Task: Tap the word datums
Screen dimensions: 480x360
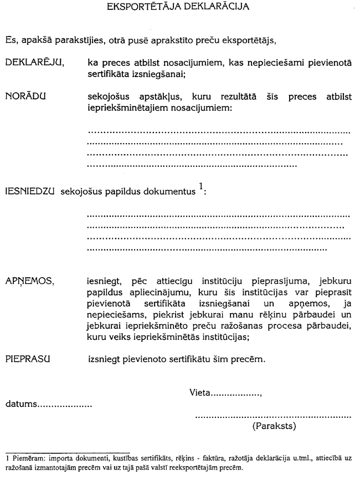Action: [x=20, y=405]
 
